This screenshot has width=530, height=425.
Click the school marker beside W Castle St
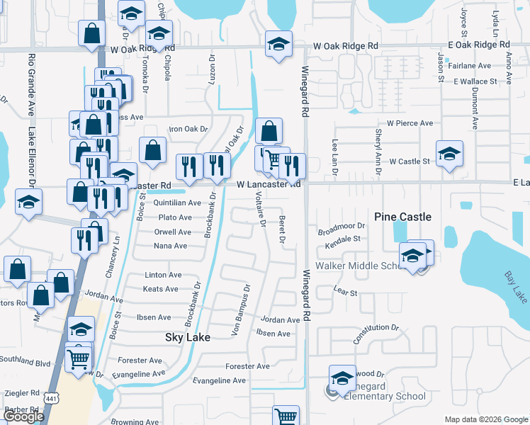point(449,154)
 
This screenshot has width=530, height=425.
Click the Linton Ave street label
point(163,275)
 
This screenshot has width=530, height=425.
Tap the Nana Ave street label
point(170,246)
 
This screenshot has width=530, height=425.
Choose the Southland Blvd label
point(26,363)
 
